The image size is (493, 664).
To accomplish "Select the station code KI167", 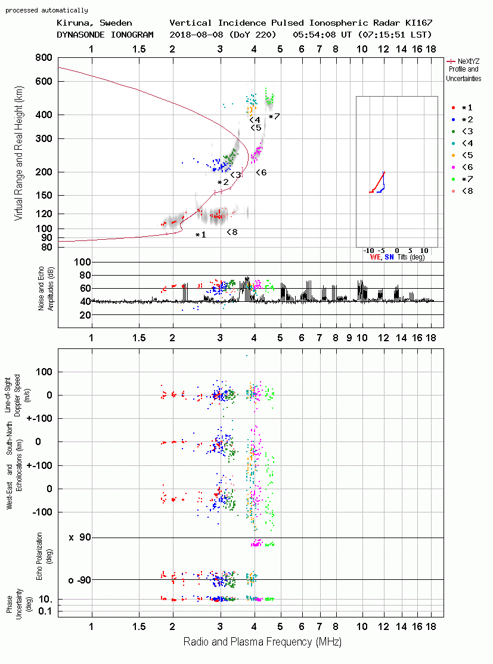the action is pyautogui.click(x=418, y=23).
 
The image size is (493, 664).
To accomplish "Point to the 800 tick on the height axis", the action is pyautogui.click(x=44, y=57).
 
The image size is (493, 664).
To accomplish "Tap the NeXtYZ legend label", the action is pyautogui.click(x=469, y=61).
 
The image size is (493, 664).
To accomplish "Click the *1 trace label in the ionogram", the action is pyautogui.click(x=200, y=234).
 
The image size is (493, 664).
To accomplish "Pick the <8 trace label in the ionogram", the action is pyautogui.click(x=232, y=232).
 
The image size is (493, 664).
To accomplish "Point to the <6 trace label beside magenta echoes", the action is pyautogui.click(x=261, y=172).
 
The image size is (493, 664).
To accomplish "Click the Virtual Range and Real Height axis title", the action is pyautogui.click(x=18, y=153).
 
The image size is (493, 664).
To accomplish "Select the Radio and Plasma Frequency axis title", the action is pyautogui.click(x=262, y=642).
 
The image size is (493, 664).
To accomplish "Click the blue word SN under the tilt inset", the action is pyautogui.click(x=389, y=257).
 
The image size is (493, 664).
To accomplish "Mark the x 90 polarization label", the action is pyautogui.click(x=80, y=538).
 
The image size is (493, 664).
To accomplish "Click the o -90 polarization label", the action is pyautogui.click(x=79, y=580).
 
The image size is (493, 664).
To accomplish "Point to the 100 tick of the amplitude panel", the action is pyautogui.click(x=82, y=262).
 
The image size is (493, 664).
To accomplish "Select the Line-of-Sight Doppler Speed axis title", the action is pyautogui.click(x=13, y=396).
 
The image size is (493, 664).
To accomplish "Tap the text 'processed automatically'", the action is pyautogui.click(x=46, y=10).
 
